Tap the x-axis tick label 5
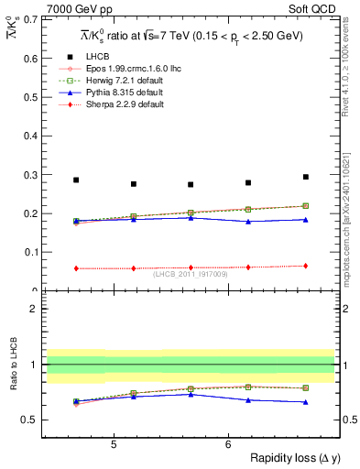click(x=113, y=445)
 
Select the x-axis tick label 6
click(x=228, y=445)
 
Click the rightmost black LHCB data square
click(x=306, y=177)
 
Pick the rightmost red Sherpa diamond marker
click(x=306, y=266)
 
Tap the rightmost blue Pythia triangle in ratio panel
click(x=306, y=402)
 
